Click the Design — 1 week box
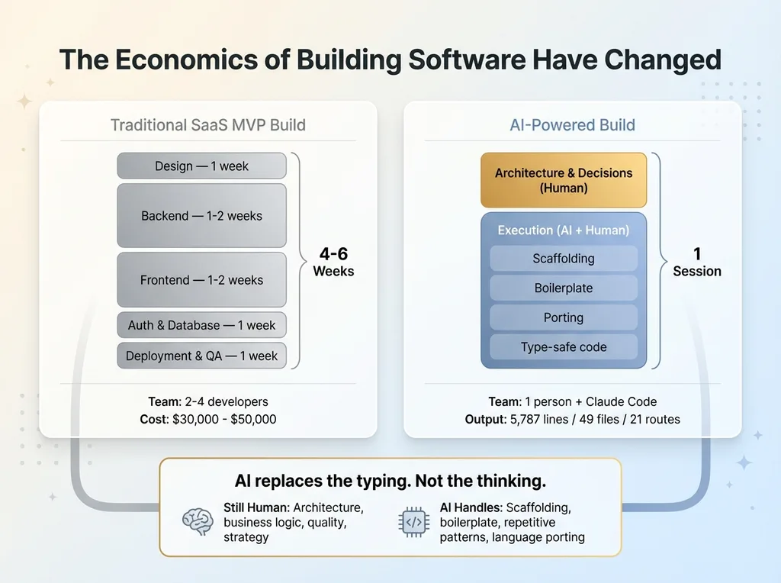(x=201, y=166)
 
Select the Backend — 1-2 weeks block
(x=201, y=216)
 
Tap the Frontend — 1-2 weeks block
(x=201, y=279)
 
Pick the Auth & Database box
(x=201, y=325)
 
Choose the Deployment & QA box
(x=201, y=356)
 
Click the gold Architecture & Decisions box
(x=564, y=180)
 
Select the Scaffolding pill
(x=564, y=258)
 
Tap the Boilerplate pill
(x=564, y=288)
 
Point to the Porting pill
(x=564, y=317)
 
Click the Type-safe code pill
(x=564, y=346)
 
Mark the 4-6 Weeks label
(x=333, y=262)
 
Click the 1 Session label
(x=697, y=262)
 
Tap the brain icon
(x=198, y=521)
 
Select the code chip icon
(x=414, y=522)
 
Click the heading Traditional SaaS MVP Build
(x=207, y=124)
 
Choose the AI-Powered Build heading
(x=572, y=124)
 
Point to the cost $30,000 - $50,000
(x=224, y=419)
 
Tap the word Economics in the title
(x=187, y=60)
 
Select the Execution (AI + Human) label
(x=564, y=230)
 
